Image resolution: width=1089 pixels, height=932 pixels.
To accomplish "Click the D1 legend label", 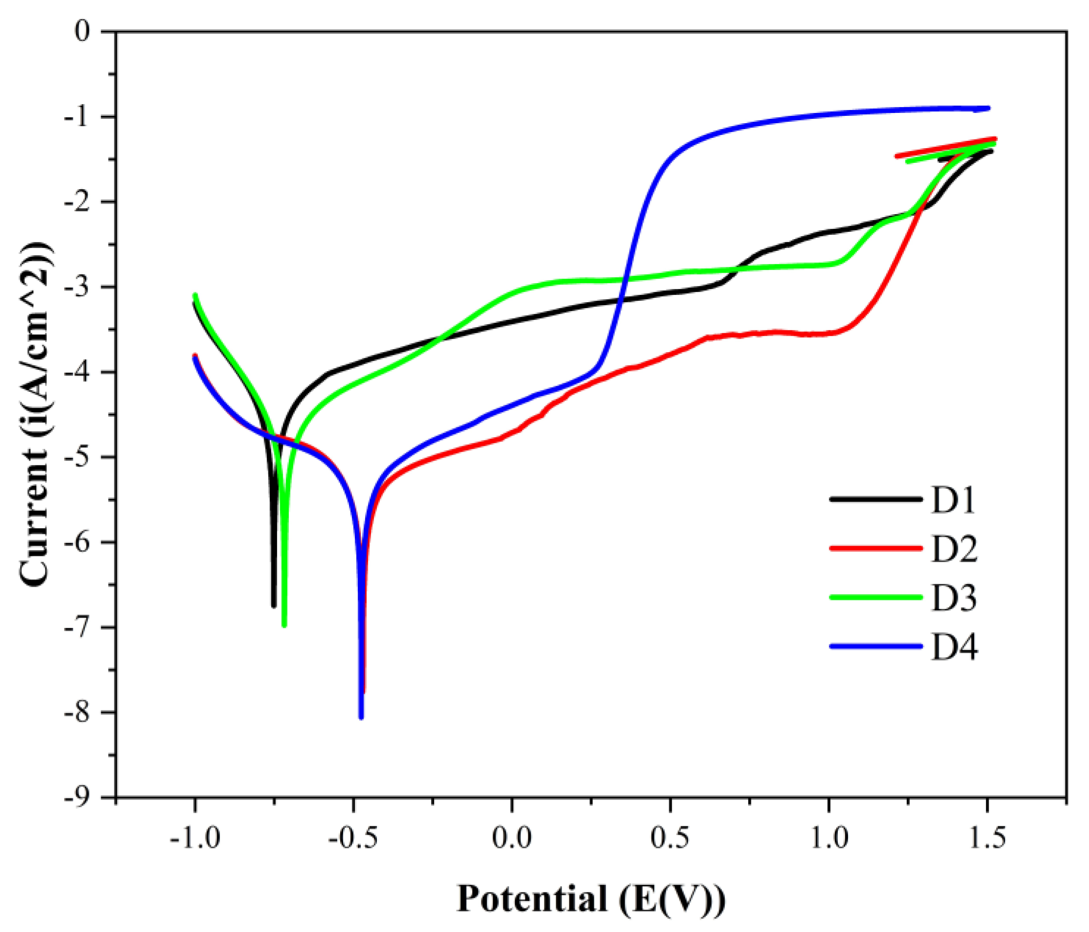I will pyautogui.click(x=954, y=500).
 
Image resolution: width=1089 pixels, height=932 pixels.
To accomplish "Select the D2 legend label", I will pyautogui.click(x=955, y=549).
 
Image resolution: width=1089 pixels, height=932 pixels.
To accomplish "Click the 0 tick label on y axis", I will pyautogui.click(x=83, y=32).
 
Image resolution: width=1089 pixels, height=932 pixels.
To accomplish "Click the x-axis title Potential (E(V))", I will pyautogui.click(x=591, y=899).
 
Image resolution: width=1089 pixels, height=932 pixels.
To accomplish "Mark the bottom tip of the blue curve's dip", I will pyautogui.click(x=361, y=717).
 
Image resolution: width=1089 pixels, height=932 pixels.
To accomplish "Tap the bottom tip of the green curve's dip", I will pyautogui.click(x=284, y=625).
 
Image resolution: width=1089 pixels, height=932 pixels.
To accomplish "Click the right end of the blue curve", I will pyautogui.click(x=988, y=108).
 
